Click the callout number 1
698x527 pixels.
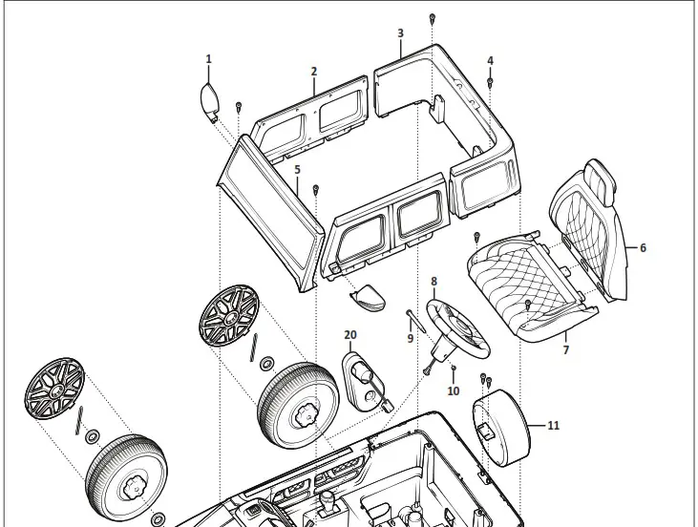coord(209,59)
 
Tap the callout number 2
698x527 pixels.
coord(313,71)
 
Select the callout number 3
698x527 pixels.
coord(400,33)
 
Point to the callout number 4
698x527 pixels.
coord(490,60)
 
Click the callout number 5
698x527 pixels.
coord(297,170)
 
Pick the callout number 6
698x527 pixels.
coord(643,247)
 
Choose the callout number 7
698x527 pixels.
coord(565,350)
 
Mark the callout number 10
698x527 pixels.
coord(453,390)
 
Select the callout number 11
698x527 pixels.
coord(553,426)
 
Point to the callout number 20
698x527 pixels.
coord(350,334)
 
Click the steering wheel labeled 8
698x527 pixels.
coord(457,325)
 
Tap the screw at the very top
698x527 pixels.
coord(433,17)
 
